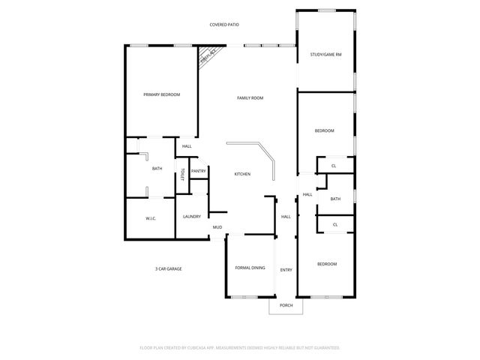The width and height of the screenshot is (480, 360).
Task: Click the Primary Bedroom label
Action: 162,94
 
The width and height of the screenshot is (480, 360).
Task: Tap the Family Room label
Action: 250,98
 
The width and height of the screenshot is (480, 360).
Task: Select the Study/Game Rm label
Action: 326,54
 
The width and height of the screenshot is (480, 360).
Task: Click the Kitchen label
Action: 242,174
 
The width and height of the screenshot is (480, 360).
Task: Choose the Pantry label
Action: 198,171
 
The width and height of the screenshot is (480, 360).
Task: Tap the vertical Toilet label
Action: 181,175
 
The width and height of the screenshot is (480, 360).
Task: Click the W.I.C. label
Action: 150,218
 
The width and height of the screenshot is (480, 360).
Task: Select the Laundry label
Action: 192,217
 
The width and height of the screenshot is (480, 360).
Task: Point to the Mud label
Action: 217,227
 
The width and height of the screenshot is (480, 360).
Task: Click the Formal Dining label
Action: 250,268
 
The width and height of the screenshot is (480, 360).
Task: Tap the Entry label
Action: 286,270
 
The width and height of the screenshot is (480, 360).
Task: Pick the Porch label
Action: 286,306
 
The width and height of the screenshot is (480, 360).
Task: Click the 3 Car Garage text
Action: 169,268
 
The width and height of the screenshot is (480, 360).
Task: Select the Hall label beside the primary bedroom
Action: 187,146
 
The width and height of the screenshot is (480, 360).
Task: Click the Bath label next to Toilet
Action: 157,169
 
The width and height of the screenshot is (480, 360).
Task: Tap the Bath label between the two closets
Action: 335,199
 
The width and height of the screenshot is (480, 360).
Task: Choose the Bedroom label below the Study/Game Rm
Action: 324,131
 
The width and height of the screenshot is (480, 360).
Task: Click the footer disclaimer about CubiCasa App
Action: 240,348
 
